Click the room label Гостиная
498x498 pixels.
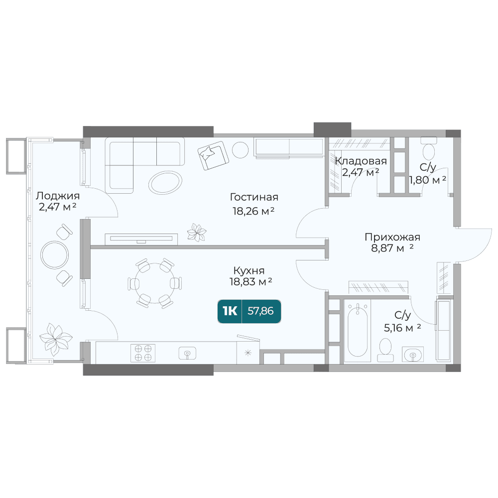coord(254,197)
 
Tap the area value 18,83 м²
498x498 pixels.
coord(251,281)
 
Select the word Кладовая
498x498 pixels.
coord(361,161)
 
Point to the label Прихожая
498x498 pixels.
coord(392,237)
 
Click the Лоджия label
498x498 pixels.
coord(57,196)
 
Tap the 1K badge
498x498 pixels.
coord(230,311)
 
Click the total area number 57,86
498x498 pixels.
coord(260,311)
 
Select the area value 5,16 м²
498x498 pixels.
coord(402,328)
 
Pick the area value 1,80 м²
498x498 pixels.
coord(427,180)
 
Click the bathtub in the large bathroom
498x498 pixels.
coord(358,330)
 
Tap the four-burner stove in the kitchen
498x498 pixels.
coord(143,353)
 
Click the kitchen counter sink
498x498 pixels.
coord(187,353)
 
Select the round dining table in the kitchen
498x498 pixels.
coord(154,283)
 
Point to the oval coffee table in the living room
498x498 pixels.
coord(165,182)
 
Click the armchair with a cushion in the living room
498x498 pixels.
coord(213,155)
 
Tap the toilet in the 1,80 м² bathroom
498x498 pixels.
coord(429,148)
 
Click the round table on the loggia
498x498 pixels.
coord(55,254)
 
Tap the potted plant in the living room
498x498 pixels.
coord(197,233)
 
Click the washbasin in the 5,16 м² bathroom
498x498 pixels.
coord(412,354)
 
